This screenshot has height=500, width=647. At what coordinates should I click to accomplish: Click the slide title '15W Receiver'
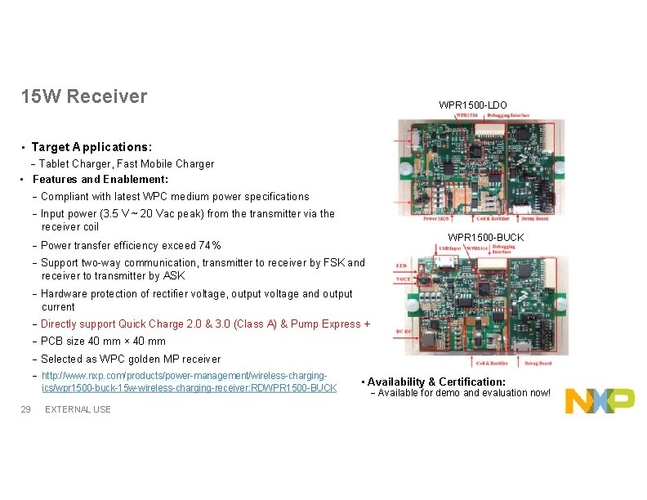[x=84, y=96]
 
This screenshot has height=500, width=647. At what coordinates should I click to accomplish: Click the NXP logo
[x=600, y=400]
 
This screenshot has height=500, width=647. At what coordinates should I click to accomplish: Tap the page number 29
[x=25, y=408]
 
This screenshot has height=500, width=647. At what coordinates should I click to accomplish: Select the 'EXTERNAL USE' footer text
[x=78, y=409]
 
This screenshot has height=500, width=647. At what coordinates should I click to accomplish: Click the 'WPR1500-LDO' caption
[x=472, y=105]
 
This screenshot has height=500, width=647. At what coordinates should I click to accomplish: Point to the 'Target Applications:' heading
[x=91, y=147]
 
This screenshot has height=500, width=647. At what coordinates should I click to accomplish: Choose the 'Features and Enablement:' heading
[x=100, y=179]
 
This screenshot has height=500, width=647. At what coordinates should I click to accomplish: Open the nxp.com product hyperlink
[x=189, y=382]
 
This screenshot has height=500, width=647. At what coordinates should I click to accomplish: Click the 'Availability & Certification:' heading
[x=436, y=382]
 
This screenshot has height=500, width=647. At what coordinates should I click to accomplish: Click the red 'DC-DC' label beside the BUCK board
[x=404, y=333]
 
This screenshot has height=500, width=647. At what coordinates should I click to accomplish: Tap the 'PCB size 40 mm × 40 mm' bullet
[x=103, y=342]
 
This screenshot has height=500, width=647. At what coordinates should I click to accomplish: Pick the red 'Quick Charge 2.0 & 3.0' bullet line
[x=205, y=324]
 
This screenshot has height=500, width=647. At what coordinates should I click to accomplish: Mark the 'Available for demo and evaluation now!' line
[x=464, y=393]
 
